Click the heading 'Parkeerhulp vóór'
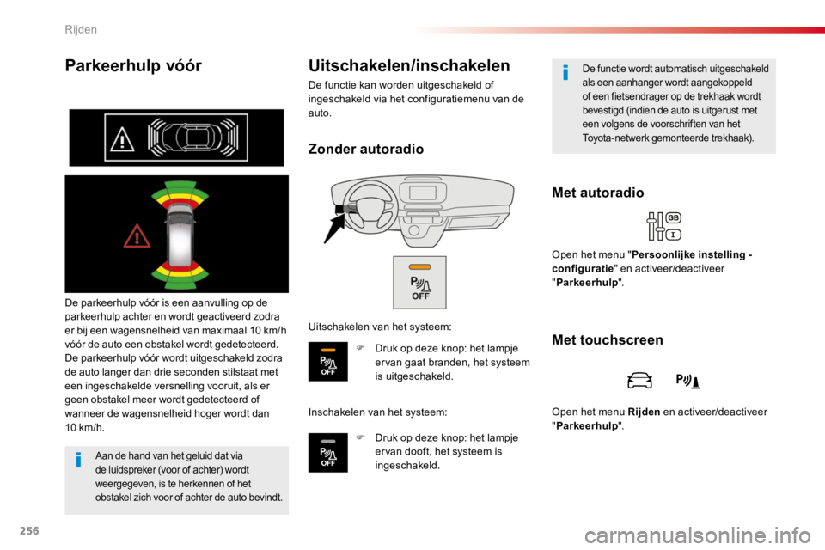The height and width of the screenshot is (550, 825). coord(133,66)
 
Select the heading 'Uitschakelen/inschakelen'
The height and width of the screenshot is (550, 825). coord(409,66)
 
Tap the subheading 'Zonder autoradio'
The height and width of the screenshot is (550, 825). coord(366,149)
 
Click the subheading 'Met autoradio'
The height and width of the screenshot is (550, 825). coord(598,192)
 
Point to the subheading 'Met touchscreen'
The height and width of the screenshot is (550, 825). coord(608,340)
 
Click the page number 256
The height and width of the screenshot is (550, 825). coord(29,530)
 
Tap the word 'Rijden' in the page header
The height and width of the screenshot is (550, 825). coord(81,29)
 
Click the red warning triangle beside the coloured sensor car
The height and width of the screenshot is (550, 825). coord(137,236)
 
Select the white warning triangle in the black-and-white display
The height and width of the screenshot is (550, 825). coord(122,139)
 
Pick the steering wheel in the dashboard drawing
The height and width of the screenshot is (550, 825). coord(369,206)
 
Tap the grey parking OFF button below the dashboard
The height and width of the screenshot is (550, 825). coord(420,283)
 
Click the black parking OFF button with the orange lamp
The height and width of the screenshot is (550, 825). coord(327,362)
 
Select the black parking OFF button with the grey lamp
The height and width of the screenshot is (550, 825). coord(327,453)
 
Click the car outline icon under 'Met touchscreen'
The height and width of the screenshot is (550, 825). coord(639,380)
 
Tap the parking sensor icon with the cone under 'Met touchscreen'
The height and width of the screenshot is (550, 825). coord(687,381)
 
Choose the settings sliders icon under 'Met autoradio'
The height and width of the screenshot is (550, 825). coord(664,226)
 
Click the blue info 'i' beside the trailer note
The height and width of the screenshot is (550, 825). coord(565,73)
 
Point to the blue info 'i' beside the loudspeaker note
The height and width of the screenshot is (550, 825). coord(78,460)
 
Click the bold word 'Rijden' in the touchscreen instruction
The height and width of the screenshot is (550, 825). coord(644,412)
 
